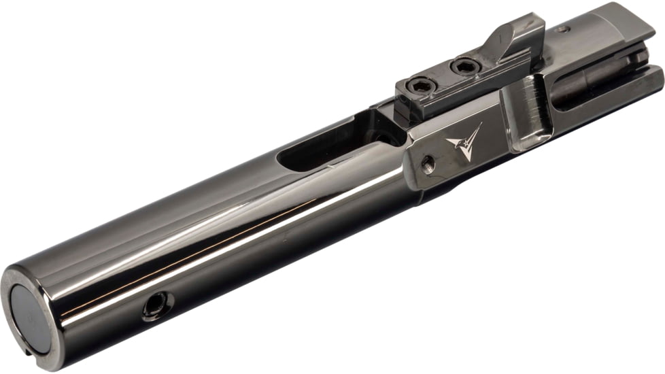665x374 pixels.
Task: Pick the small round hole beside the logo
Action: point(427,163)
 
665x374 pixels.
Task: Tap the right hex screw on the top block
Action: point(464,67)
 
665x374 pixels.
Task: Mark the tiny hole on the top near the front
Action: point(563,29)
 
